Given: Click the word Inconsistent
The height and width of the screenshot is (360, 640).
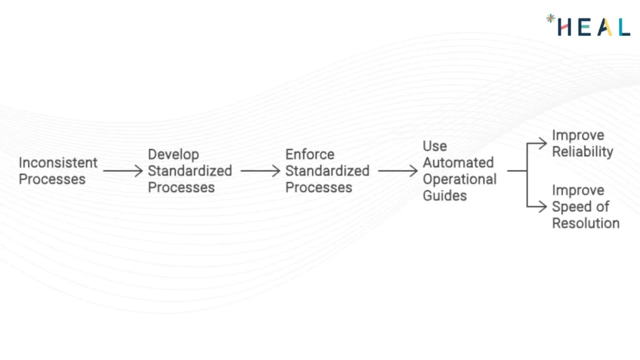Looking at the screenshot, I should (x=57, y=163).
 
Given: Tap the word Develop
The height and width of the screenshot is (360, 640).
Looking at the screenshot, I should (x=173, y=155).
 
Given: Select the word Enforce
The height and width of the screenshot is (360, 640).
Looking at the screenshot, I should (x=310, y=155).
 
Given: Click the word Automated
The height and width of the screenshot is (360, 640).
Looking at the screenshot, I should (x=458, y=163).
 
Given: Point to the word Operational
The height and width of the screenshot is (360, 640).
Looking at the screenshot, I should (x=459, y=179).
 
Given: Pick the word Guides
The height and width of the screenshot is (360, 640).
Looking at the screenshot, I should (x=445, y=195).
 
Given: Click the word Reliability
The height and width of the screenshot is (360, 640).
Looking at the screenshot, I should (x=583, y=152).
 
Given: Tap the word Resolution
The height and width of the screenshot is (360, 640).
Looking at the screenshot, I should (x=585, y=223).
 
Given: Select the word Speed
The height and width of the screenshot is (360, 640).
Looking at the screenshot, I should (x=571, y=206).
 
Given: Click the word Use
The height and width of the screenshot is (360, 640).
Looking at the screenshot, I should (x=434, y=146).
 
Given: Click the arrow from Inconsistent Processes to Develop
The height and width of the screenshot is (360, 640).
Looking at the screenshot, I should (x=123, y=171).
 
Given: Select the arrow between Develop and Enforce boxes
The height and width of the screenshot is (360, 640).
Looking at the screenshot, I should (x=260, y=171).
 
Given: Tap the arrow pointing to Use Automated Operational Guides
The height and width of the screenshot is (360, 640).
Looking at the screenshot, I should (x=397, y=171).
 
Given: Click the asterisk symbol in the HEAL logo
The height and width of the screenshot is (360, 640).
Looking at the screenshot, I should (x=551, y=19).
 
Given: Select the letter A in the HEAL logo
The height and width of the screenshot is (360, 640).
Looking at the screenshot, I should (x=605, y=27).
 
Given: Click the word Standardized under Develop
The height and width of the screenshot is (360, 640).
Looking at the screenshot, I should (x=189, y=171).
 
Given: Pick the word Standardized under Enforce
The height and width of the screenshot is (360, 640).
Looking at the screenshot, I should (x=327, y=171).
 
